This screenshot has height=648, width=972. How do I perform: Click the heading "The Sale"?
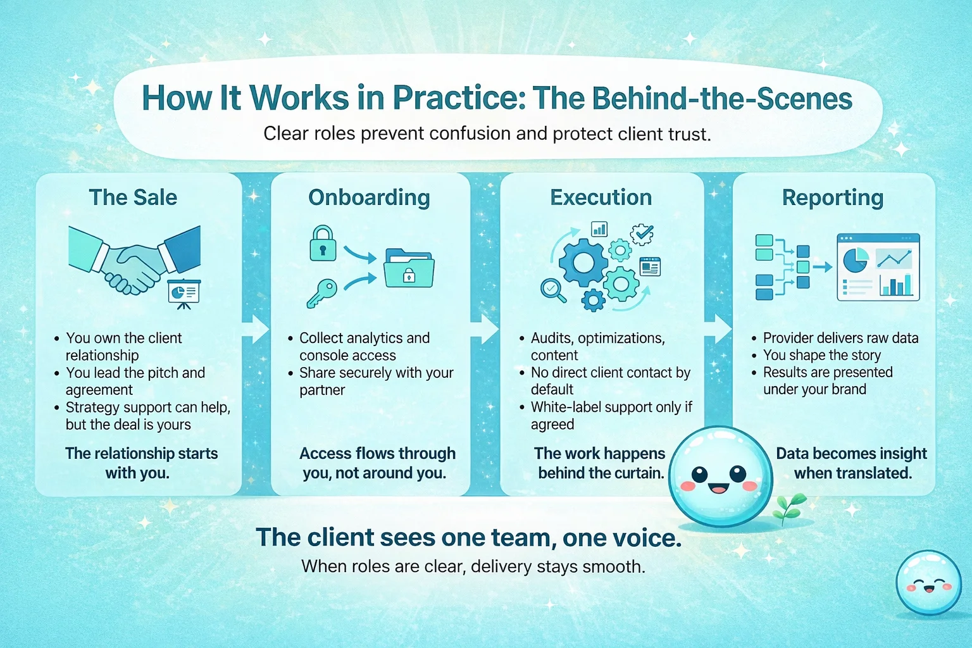point(133,197)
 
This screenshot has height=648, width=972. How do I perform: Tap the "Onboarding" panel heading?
point(369,197)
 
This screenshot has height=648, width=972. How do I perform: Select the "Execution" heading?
point(601,197)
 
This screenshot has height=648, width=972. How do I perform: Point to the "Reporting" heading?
point(833,198)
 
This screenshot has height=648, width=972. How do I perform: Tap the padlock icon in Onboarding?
point(323,244)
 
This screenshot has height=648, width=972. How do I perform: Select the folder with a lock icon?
point(409,268)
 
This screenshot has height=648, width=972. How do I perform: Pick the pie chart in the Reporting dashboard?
point(856,260)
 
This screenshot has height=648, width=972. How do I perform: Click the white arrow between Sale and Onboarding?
point(256,329)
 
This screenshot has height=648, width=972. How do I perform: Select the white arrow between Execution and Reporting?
point(718,328)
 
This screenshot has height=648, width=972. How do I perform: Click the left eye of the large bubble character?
point(699,474)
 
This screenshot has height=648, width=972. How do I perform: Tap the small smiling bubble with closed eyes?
point(928,583)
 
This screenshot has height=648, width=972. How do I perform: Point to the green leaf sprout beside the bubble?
point(788,507)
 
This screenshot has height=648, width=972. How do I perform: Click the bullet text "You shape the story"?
point(821,355)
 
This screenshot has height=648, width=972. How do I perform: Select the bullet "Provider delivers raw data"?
point(840,338)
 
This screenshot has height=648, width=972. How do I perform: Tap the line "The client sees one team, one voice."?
point(469,537)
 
